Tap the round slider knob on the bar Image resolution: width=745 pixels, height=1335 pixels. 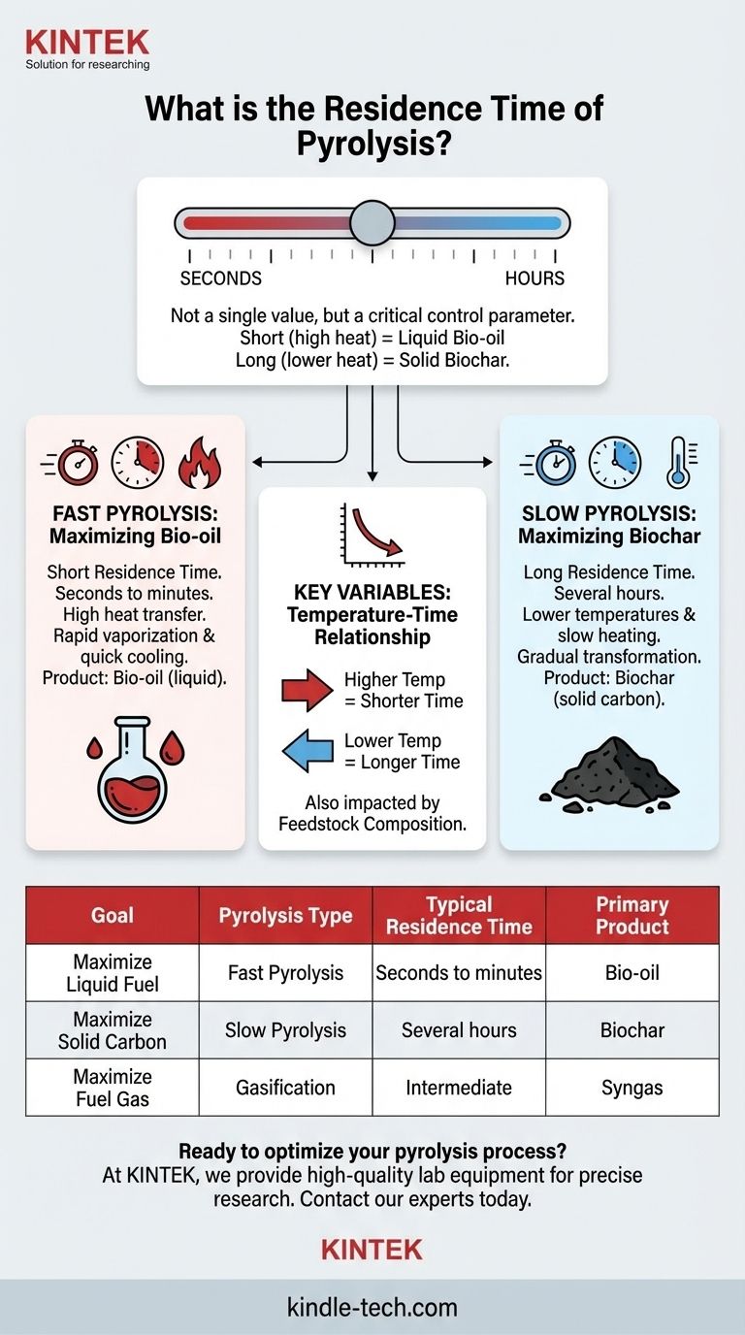[372, 222]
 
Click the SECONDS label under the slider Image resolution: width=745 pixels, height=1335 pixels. [220, 278]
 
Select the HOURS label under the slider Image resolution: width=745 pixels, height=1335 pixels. [534, 278]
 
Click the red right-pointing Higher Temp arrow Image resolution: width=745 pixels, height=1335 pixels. [307, 690]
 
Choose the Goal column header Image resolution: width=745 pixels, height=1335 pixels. [113, 915]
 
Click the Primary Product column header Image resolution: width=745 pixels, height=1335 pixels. [632, 915]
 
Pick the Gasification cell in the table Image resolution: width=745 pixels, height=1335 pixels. [285, 1088]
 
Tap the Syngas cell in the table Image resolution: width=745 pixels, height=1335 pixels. [632, 1088]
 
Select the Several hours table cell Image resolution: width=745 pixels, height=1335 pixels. [459, 1030]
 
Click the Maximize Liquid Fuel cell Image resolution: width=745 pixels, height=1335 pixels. [113, 973]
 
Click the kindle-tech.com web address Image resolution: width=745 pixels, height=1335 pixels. [372, 1307]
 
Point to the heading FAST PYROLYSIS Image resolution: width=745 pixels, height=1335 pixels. [135, 512]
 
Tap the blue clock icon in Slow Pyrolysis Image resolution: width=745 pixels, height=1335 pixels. [614, 463]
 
